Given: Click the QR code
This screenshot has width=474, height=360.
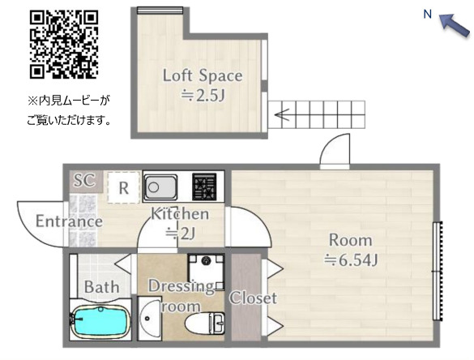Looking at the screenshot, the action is click(64, 45).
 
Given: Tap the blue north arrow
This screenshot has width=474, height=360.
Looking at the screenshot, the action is click(454, 26).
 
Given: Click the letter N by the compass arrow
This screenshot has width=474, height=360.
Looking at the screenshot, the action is click(428, 15).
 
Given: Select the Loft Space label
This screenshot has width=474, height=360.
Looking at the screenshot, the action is click(203, 75).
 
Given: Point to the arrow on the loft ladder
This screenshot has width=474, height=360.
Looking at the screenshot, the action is click(282, 114).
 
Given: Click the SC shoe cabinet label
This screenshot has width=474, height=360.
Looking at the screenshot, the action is click(84, 180).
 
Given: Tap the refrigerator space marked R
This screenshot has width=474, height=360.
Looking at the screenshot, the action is click(124, 187).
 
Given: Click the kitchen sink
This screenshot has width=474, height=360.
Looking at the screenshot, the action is click(160, 187).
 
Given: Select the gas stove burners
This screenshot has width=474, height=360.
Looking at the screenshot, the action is click(205, 187).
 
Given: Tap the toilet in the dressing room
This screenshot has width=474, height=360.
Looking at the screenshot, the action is click(205, 324).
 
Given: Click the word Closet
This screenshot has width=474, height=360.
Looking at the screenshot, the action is click(253, 298).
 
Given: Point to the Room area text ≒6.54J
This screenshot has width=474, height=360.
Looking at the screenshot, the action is click(351, 260).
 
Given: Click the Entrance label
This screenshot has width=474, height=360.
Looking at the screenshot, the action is click(69, 221).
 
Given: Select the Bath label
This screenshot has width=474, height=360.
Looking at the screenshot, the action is click(101, 287).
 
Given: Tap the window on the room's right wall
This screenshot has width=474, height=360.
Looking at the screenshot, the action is click(438, 271).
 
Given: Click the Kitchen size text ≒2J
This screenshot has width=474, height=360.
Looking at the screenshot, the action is click(180, 234).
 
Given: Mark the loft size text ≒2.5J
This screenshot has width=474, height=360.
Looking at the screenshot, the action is click(203, 96).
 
